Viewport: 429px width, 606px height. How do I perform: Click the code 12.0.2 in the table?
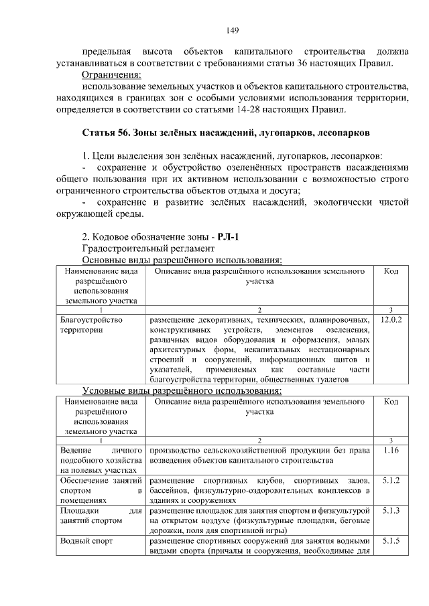pyautogui.click(x=391, y=320)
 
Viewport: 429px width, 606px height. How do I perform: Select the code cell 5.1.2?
pyautogui.click(x=391, y=481)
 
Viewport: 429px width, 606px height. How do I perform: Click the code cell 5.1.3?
pyautogui.click(x=391, y=511)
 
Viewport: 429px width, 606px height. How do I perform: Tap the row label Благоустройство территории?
pyautogui.click(x=91, y=325)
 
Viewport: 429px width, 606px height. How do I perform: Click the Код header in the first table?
pyautogui.click(x=391, y=271)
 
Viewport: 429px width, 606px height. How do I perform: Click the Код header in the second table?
pyautogui.click(x=391, y=402)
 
